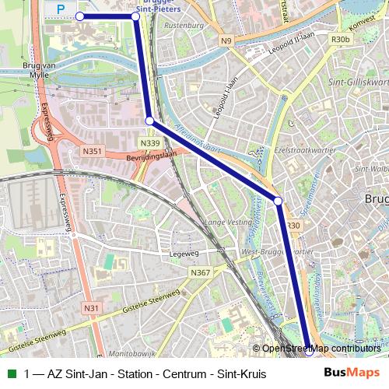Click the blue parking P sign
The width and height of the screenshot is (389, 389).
(60, 9)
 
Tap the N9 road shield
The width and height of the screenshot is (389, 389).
(226, 40)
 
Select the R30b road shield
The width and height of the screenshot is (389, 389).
(340, 38)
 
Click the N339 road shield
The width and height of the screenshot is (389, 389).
(151, 143)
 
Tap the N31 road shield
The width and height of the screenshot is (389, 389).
(92, 309)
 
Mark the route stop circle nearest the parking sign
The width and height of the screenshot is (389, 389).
(79, 16)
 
